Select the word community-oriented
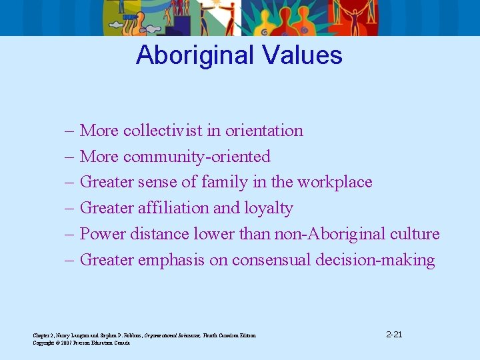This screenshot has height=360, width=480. pyautogui.click(x=197, y=157)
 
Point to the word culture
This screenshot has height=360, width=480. pyautogui.click(x=415, y=234)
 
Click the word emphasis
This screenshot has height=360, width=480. pyautogui.click(x=171, y=260)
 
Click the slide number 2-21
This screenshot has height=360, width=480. pyautogui.click(x=393, y=334)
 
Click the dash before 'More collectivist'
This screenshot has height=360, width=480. pyautogui.click(x=69, y=131)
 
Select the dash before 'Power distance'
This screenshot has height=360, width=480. pyautogui.click(x=69, y=234)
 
